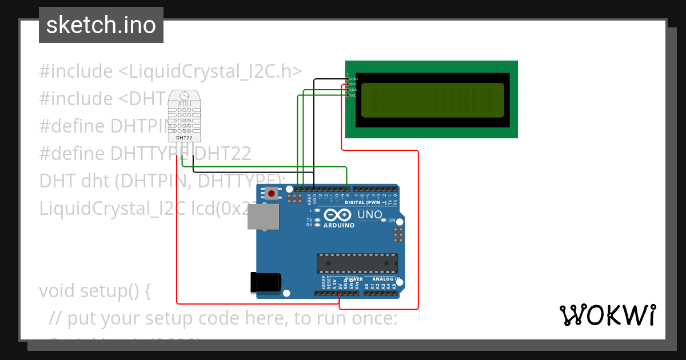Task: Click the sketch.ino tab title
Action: (x=101, y=25)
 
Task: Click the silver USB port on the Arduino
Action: (x=263, y=217)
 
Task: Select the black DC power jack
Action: (x=266, y=282)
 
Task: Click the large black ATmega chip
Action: (x=357, y=263)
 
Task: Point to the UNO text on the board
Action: (x=370, y=215)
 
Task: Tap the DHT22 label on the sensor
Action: (x=184, y=138)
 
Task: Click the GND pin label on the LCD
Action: (x=353, y=79)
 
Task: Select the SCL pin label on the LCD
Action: (x=353, y=95)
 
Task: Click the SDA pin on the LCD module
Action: (x=348, y=90)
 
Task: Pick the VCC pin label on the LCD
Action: (x=353, y=84)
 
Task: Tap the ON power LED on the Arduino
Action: (x=392, y=220)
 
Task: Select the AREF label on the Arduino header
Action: (x=309, y=199)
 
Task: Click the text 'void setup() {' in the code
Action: (x=95, y=291)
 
